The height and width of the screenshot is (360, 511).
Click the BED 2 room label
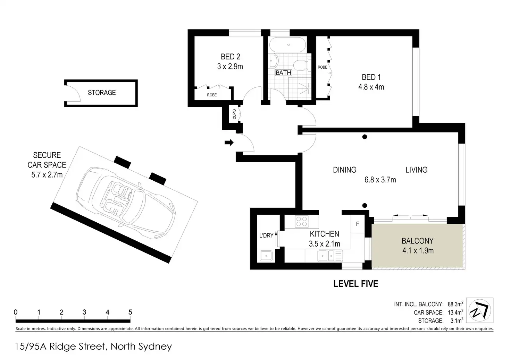click(231, 57)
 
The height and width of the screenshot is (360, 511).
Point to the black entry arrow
click(229, 143)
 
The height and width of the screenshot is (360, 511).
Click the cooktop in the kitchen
click(302, 222)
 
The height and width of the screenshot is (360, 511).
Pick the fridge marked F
click(358, 224)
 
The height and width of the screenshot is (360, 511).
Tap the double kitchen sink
click(330, 256)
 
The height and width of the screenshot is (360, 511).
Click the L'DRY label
click(266, 235)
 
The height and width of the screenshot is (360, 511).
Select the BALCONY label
click(418, 241)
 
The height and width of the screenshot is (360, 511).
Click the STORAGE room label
click(102, 93)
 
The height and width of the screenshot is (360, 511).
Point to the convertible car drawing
click(126, 203)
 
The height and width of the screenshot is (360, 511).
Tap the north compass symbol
click(479, 310)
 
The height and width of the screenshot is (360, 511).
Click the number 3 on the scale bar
click(84, 312)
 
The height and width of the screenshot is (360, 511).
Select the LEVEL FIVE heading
click(356, 284)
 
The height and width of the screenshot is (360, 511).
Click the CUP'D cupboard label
click(234, 114)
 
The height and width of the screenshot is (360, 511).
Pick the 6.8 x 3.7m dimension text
click(380, 180)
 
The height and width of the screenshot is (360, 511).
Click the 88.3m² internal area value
click(455, 304)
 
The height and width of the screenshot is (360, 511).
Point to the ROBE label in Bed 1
click(322, 67)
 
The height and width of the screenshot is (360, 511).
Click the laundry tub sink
click(266, 256)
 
